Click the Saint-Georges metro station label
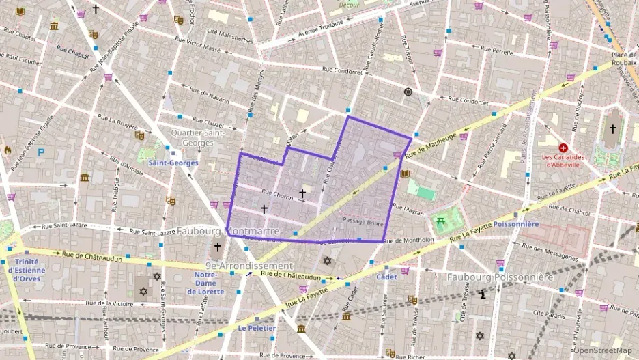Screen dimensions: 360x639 173,163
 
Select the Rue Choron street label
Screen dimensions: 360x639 277,196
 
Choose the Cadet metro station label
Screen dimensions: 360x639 386,277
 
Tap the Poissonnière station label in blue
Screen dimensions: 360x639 516,223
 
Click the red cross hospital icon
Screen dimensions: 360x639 563,148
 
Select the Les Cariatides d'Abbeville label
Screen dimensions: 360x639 563,160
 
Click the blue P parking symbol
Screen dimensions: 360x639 41,153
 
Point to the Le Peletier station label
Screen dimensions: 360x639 257,328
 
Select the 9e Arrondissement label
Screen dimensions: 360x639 248,266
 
